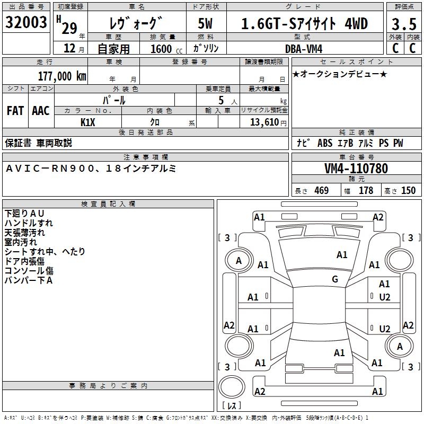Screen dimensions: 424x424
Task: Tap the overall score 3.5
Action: pyautogui.click(x=403, y=24)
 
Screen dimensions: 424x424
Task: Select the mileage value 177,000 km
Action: pyautogui.click(x=63, y=76)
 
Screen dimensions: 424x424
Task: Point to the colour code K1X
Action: pyautogui.click(x=88, y=122)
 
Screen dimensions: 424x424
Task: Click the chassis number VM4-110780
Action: pyautogui.click(x=356, y=169)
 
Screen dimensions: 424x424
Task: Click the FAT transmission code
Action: pyautogui.click(x=15, y=111)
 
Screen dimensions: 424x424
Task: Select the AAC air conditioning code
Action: pyautogui.click(x=41, y=111)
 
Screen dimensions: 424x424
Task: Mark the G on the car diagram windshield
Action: pyautogui.click(x=335, y=279)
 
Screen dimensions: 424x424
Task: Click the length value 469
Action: pyautogui.click(x=321, y=191)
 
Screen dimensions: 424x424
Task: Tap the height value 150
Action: pyautogui.click(x=408, y=191)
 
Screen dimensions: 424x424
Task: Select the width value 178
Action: pyautogui.click(x=366, y=191)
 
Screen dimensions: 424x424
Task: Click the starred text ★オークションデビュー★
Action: pyautogui.click(x=340, y=74)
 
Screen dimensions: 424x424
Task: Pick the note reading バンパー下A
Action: pyautogui.click(x=29, y=280)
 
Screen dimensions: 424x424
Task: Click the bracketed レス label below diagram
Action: pyautogui.click(x=232, y=406)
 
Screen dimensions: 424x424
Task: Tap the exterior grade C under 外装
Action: pyautogui.click(x=395, y=48)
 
